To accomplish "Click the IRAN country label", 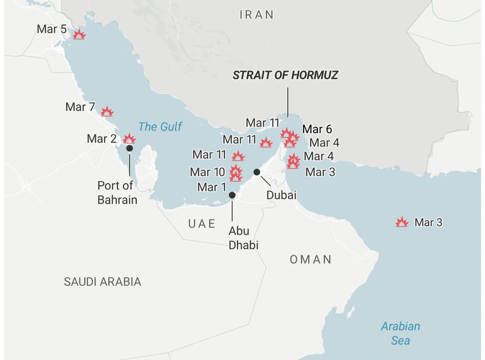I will tap(256, 15).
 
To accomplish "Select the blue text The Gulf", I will tap(160, 127).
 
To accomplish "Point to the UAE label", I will tap(202, 224).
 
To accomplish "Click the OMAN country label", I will tap(310, 259).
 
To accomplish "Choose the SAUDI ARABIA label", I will tap(102, 282).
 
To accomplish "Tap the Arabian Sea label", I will tap(400, 333).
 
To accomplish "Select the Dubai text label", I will tap(281, 195).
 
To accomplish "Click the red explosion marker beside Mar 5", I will tap(79, 35).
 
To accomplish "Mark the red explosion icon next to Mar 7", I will tap(107, 112).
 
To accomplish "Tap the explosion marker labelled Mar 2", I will tap(129, 138).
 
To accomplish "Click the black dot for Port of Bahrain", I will tap(130, 148).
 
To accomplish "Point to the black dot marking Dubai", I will tap(256, 172).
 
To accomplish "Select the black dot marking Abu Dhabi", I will tap(232, 195).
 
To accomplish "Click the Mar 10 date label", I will tap(207, 172).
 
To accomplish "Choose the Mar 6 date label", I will tap(317, 130).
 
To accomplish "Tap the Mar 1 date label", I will tap(211, 187).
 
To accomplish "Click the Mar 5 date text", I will tap(51, 29).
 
